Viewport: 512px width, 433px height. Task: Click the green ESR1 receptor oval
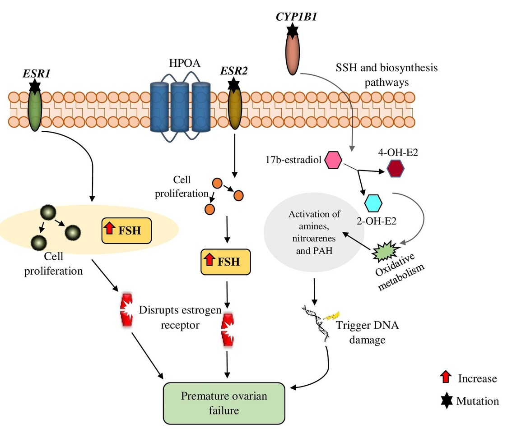[x=35, y=109]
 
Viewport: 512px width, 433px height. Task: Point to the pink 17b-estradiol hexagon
[x=333, y=161]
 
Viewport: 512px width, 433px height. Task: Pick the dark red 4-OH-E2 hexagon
[x=396, y=170]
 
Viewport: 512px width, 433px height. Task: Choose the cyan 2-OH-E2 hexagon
[x=373, y=203]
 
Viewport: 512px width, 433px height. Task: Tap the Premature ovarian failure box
[x=224, y=403]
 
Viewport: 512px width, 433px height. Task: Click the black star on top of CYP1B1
[x=293, y=31]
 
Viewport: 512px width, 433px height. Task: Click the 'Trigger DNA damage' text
[x=362, y=332]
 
